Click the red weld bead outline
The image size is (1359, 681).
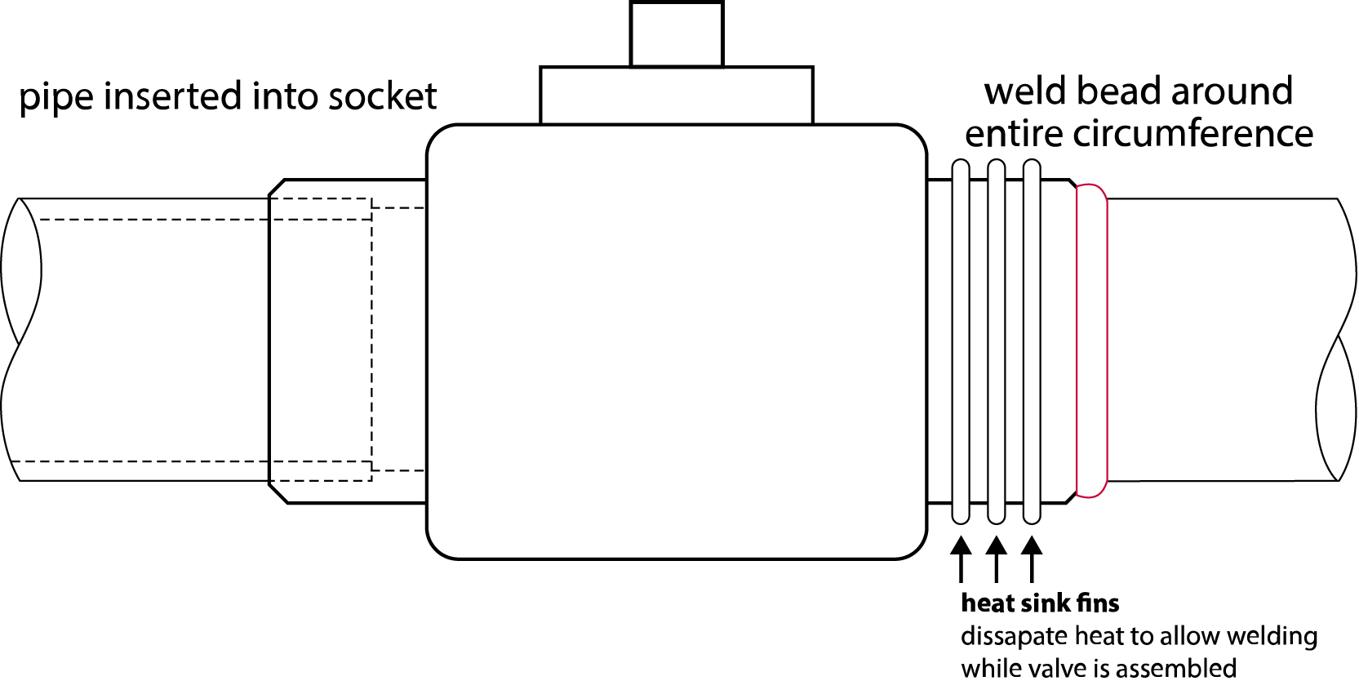[1092, 341]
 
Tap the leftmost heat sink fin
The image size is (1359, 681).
[961, 341]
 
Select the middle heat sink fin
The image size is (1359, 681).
[996, 341]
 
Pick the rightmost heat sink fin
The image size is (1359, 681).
[1032, 341]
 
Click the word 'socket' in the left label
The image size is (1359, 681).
[382, 96]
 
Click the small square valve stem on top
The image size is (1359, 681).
[677, 34]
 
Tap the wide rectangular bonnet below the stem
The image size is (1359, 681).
[677, 96]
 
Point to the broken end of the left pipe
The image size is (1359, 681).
[20, 339]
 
